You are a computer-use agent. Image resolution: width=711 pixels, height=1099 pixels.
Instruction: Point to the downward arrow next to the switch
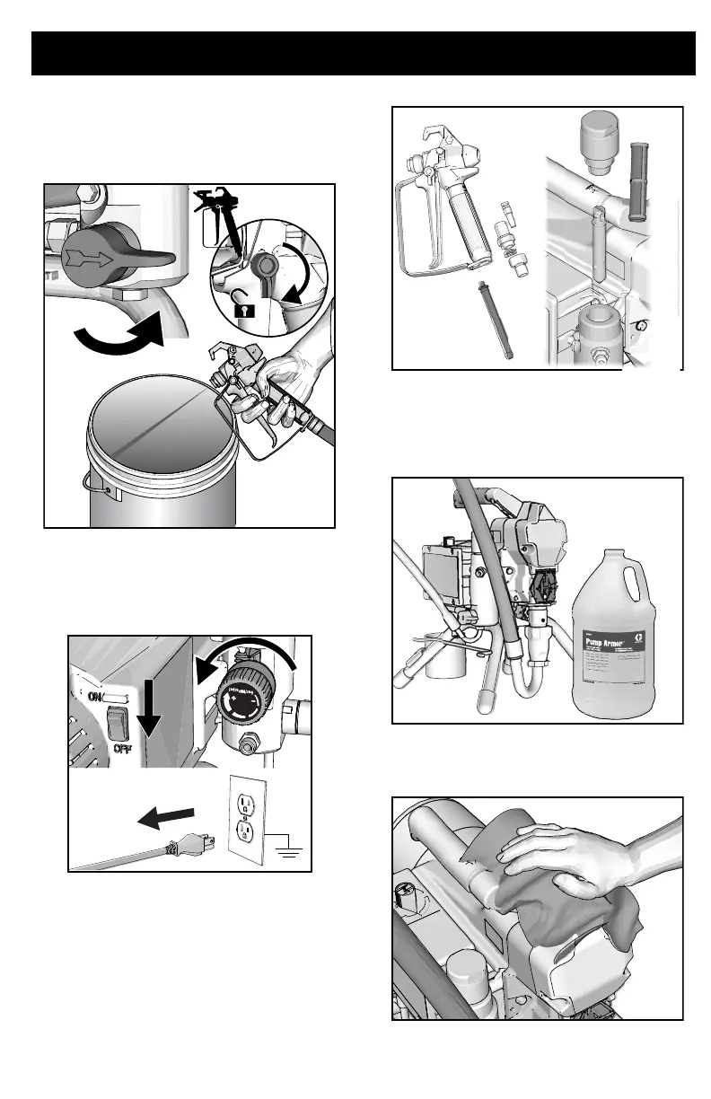pos(150,715)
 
